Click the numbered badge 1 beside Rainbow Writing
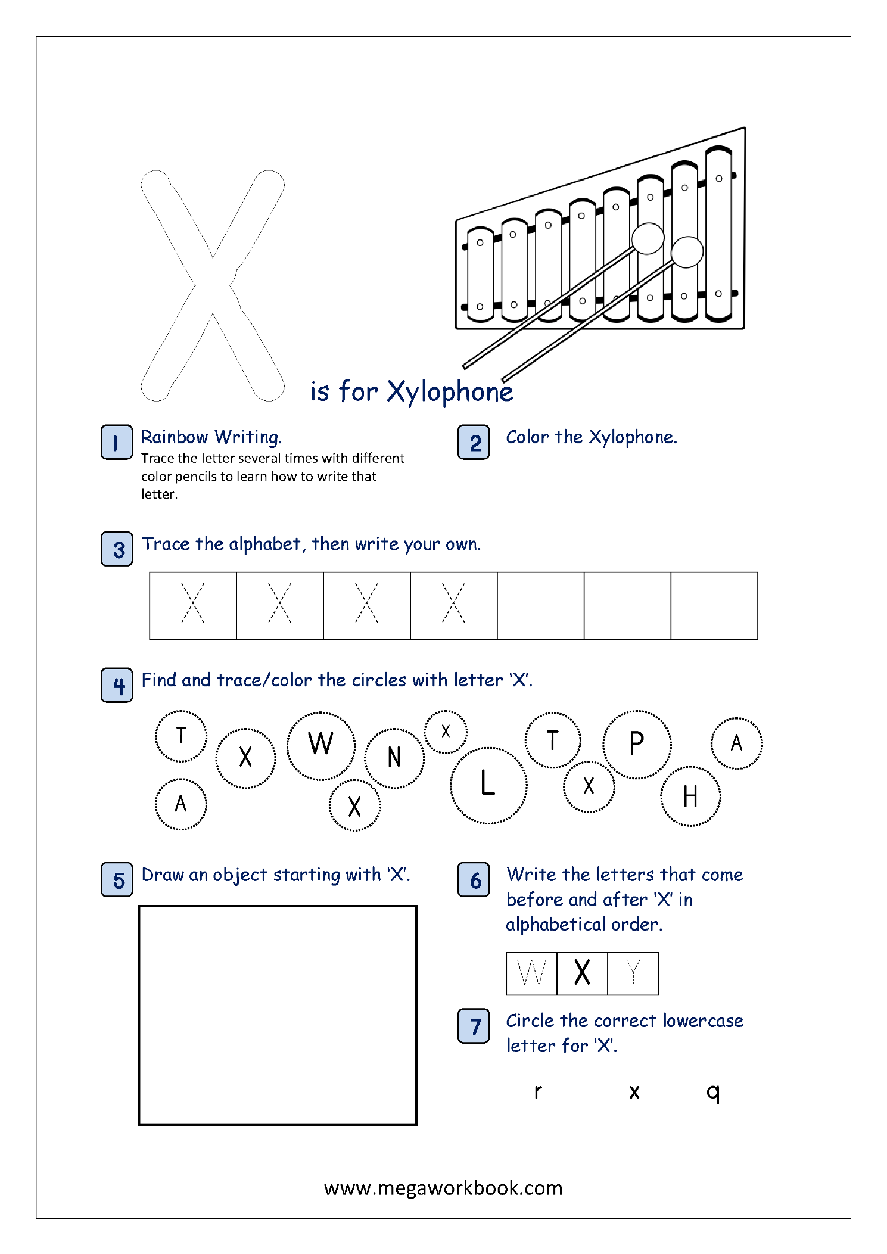pos(116,442)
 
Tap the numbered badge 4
pos(116,685)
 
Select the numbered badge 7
pos(474,1026)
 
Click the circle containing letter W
pos(321,745)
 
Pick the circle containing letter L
pos(488,785)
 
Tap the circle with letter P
pos(637,744)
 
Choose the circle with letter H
pos(690,796)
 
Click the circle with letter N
pos(394,758)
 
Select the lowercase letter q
pos(713,1092)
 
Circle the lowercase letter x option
pos(634,1091)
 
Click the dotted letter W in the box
pos(531,973)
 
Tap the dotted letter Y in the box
pos(633,973)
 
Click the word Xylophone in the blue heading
pos(450,393)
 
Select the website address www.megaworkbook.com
pos(443,1188)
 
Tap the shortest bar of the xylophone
pos(480,274)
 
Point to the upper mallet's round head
pos(648,238)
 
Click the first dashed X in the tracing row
pos(192,603)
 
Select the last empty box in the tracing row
pos(714,606)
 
